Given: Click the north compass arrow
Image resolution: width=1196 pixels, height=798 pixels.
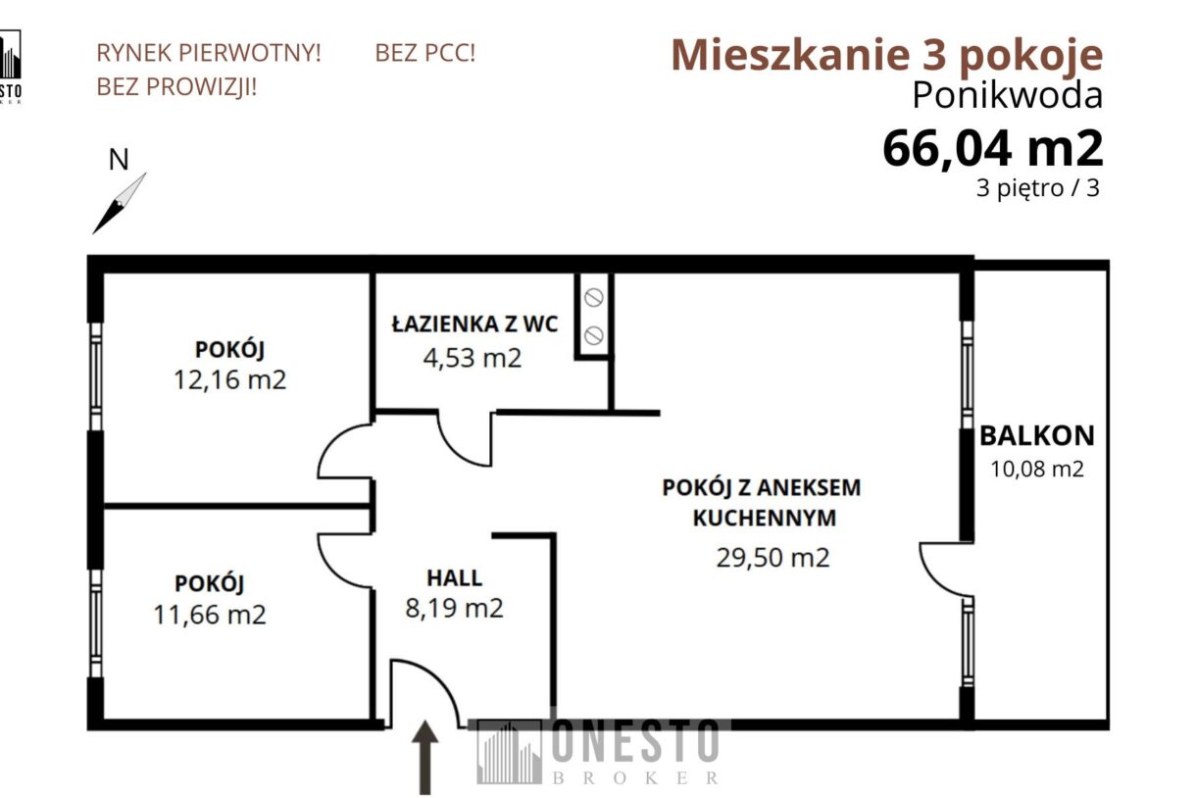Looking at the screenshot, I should [119, 203].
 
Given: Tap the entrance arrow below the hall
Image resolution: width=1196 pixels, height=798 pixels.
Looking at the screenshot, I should [424, 757].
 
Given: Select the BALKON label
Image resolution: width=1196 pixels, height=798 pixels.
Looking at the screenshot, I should [1037, 436].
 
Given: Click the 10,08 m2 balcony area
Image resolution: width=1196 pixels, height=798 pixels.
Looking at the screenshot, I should [1037, 469].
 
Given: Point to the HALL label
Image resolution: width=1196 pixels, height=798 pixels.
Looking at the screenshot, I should [454, 577].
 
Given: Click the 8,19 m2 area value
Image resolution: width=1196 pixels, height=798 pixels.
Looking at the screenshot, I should [454, 609].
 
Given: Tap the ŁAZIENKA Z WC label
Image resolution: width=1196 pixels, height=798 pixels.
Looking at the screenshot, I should [474, 324].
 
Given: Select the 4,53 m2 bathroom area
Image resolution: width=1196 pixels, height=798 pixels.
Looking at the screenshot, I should [472, 358].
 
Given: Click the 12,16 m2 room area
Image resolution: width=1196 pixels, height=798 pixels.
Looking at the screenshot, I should [230, 379].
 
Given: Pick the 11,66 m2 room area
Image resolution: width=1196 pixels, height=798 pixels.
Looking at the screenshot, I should [210, 615].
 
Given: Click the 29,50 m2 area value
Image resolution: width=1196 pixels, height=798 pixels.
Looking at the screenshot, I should [773, 558].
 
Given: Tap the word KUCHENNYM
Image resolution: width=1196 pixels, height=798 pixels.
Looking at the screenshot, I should [765, 519].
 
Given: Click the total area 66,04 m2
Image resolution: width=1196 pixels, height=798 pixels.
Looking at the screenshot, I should [992, 148].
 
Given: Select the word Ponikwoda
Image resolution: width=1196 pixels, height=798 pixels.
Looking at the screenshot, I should [1007, 95].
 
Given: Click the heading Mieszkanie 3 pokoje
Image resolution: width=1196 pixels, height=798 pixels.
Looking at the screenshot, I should [886, 55].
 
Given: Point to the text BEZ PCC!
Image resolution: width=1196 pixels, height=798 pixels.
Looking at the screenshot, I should [424, 53].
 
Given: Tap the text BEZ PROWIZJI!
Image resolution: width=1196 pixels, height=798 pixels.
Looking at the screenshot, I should [176, 87].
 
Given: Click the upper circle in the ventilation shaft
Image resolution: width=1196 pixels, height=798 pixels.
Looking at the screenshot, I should [593, 298].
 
